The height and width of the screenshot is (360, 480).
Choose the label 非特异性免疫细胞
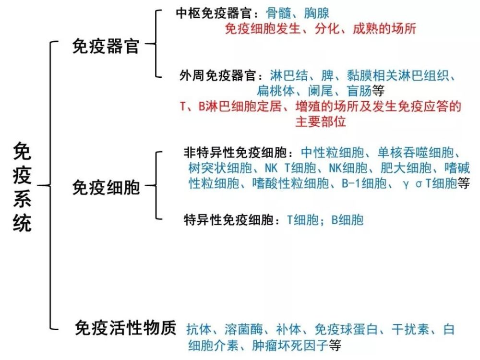point(237,153)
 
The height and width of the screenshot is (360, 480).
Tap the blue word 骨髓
point(277,13)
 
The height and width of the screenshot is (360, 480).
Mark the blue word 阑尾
point(321,90)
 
